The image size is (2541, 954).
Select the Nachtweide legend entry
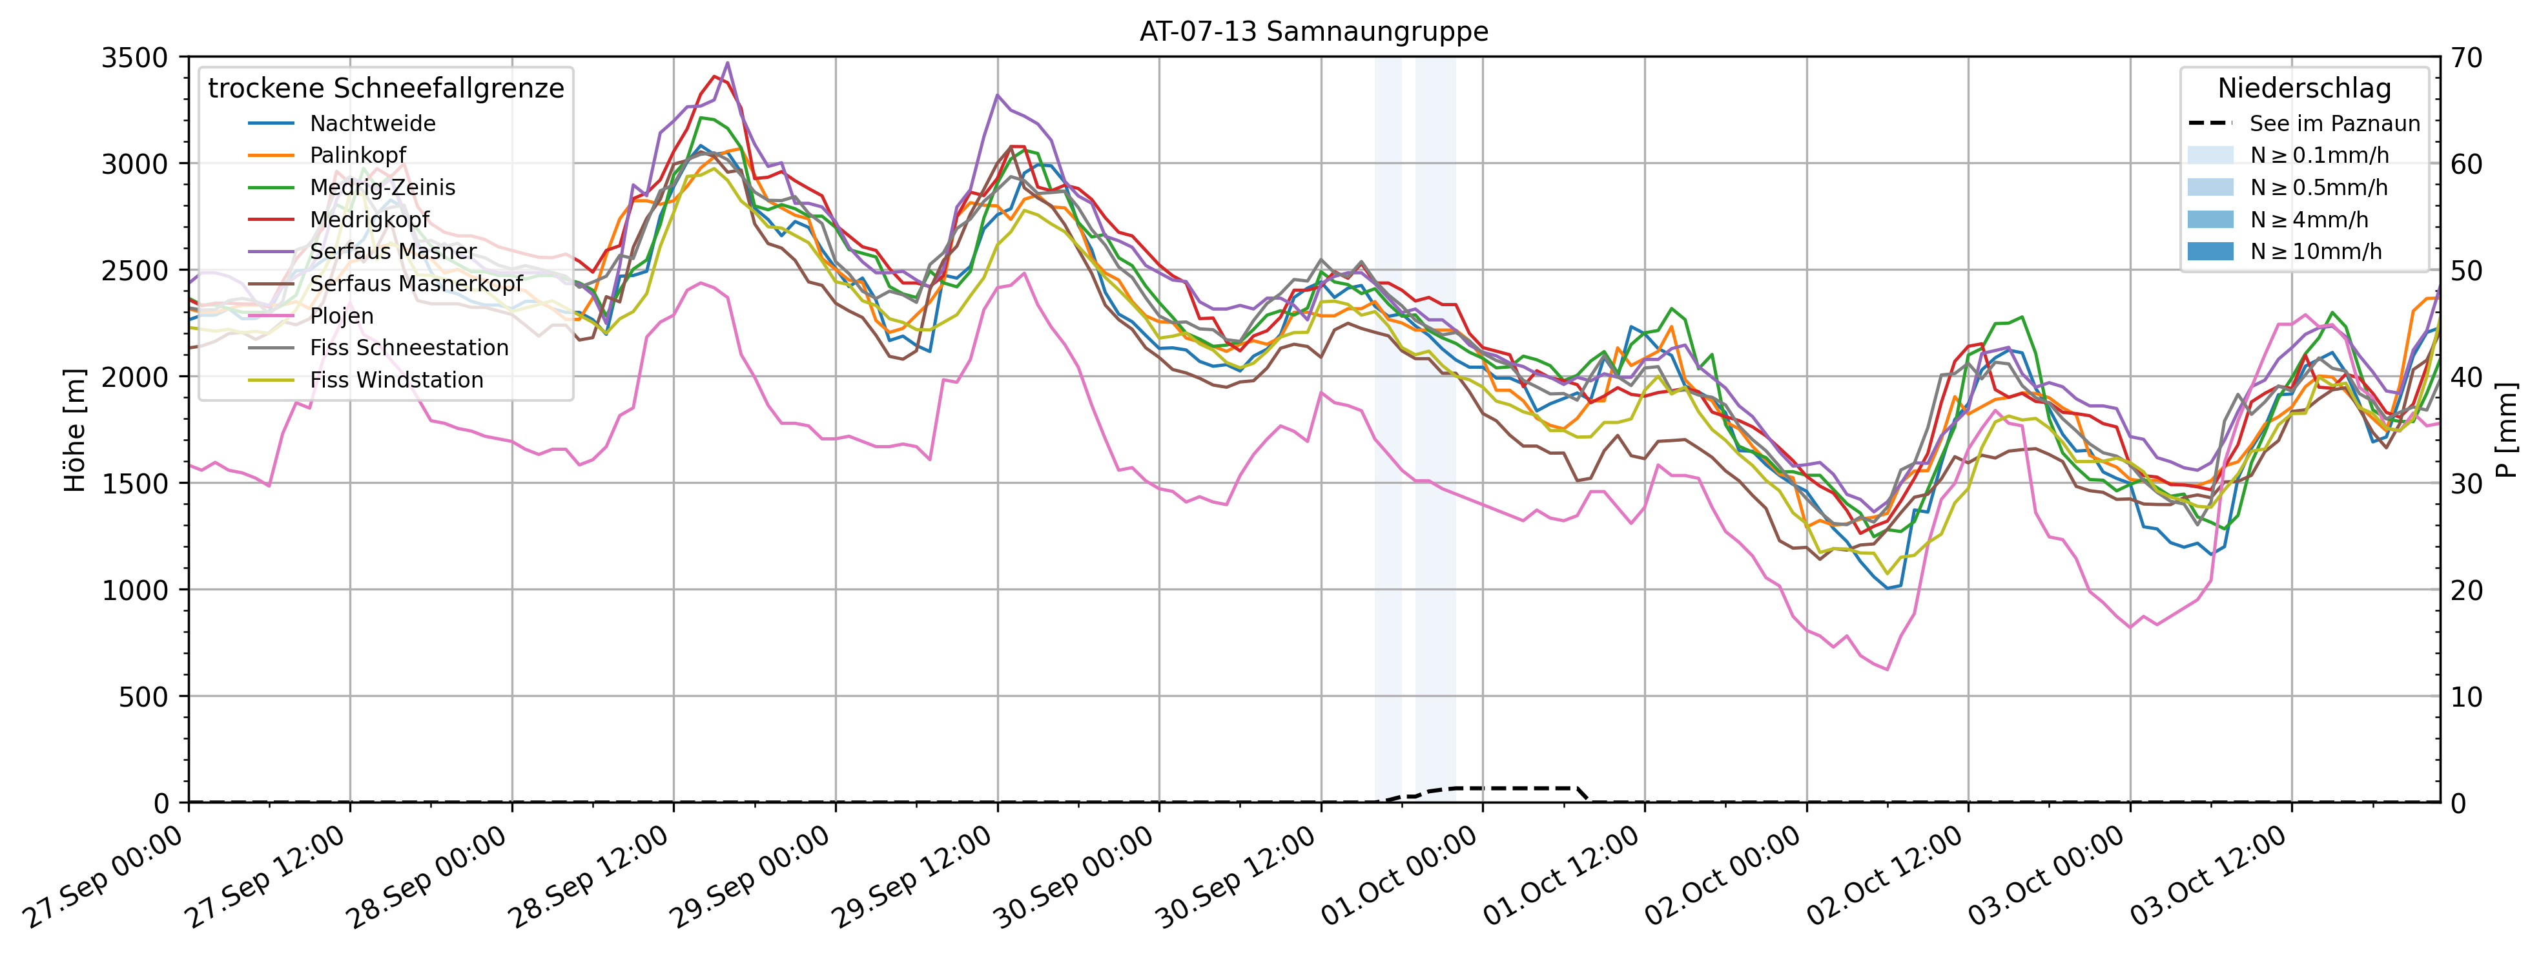click(x=372, y=123)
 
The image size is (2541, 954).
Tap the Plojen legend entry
click(x=342, y=316)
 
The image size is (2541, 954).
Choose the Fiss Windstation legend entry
click(x=396, y=380)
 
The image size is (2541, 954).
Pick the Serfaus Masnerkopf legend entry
click(x=415, y=284)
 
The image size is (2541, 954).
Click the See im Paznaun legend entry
click(x=2334, y=123)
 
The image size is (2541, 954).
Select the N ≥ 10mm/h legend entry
click(x=2315, y=251)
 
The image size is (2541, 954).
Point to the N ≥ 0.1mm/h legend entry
click(x=2319, y=156)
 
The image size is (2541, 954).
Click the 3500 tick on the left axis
click(x=135, y=58)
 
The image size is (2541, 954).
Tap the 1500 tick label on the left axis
click(x=135, y=483)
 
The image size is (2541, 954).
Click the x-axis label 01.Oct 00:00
click(x=1401, y=876)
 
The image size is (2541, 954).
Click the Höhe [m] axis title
click(x=75, y=430)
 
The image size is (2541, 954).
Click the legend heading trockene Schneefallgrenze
click(x=386, y=88)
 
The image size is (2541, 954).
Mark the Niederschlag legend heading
click(x=2304, y=88)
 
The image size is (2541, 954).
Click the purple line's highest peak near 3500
click(x=728, y=63)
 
